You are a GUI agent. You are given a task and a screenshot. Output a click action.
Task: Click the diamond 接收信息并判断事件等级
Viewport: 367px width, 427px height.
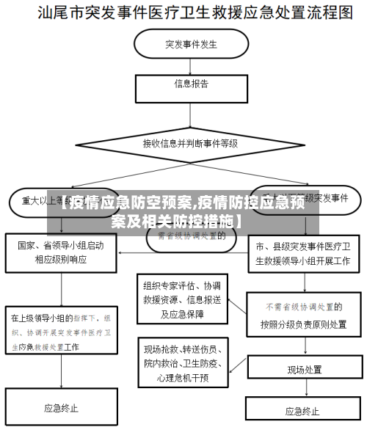tap(190, 144)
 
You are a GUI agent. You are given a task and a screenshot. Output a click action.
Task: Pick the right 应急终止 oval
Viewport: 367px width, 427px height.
tap(302, 410)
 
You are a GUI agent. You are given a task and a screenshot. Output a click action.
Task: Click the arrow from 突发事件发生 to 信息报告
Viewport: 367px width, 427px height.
tap(190, 65)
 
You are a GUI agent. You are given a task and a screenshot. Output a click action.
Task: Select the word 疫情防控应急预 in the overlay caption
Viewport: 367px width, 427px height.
tap(250, 202)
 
